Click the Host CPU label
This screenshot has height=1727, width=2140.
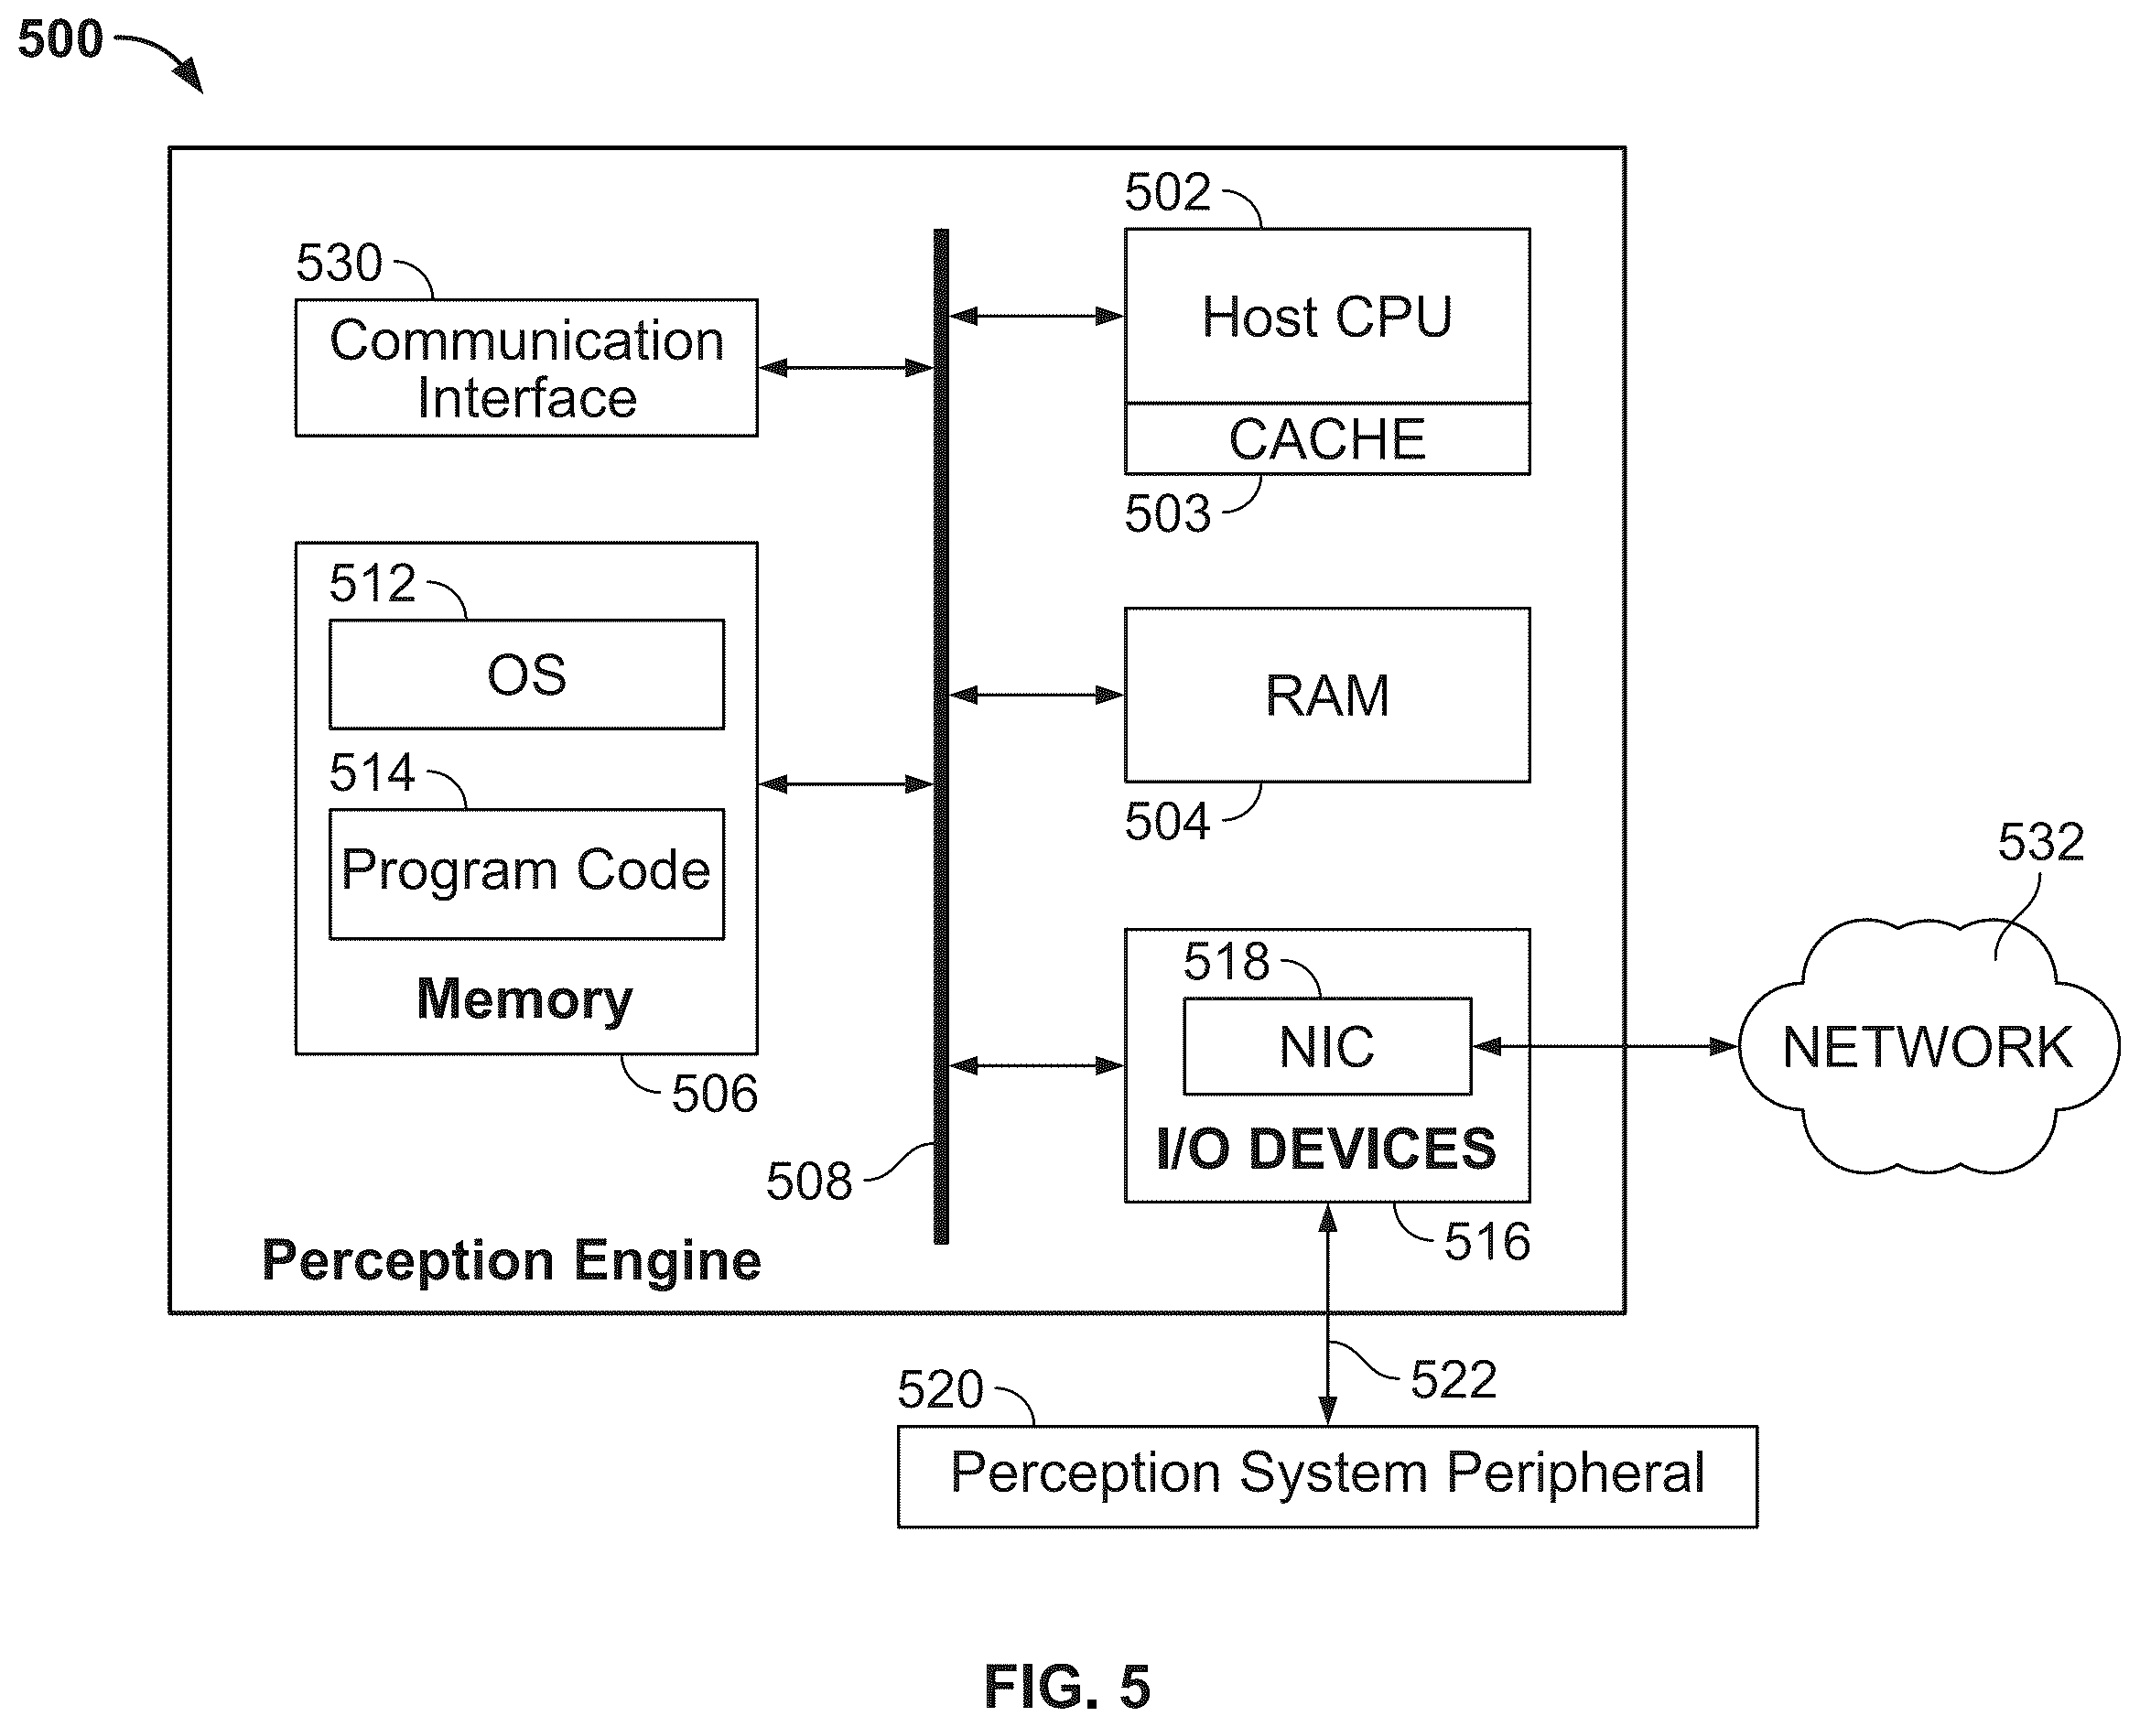coord(1326,318)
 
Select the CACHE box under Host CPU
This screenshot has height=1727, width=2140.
coord(1327,438)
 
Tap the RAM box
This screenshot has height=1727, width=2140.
coord(1327,695)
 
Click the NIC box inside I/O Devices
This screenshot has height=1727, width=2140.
coord(1327,1047)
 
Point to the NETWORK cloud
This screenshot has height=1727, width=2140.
coord(1928,1047)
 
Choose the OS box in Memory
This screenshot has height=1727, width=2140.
coord(526,675)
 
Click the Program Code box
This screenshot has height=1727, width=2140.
coord(526,873)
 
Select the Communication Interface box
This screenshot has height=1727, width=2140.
coord(526,368)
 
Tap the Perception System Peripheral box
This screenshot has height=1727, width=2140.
coord(1327,1476)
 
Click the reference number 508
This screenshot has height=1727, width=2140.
coord(809,1182)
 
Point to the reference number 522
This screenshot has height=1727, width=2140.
coord(1454,1380)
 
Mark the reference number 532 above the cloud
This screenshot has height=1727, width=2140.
coord(2040,842)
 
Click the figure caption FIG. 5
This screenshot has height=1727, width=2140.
coord(1066,1686)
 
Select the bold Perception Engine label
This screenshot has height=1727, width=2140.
coord(512,1261)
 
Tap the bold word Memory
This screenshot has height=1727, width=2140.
coord(524,998)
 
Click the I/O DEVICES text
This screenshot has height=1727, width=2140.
coord(1326,1148)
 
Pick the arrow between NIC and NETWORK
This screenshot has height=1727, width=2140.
coord(1605,1047)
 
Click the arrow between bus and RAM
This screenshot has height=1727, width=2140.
coord(1037,695)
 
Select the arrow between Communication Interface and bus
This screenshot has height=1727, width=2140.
coord(846,368)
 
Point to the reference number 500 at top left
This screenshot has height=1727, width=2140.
coord(59,39)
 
